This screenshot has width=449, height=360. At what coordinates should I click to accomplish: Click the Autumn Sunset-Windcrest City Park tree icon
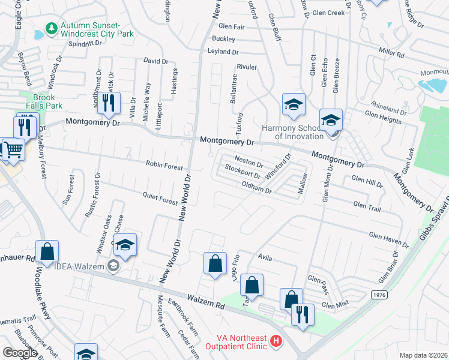click(52, 28)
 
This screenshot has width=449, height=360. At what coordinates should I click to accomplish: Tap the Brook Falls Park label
click(44, 101)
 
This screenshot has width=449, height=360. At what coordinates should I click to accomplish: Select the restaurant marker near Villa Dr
click(109, 103)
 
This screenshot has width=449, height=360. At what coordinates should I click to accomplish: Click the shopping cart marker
click(13, 149)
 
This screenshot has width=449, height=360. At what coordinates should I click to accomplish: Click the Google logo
click(20, 353)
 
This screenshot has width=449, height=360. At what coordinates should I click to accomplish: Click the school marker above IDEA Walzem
click(125, 245)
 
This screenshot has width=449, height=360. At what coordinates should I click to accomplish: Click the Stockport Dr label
click(243, 172)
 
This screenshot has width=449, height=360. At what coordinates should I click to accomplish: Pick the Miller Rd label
click(391, 53)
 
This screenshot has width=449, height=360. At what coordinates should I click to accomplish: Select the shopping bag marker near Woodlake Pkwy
click(47, 251)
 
